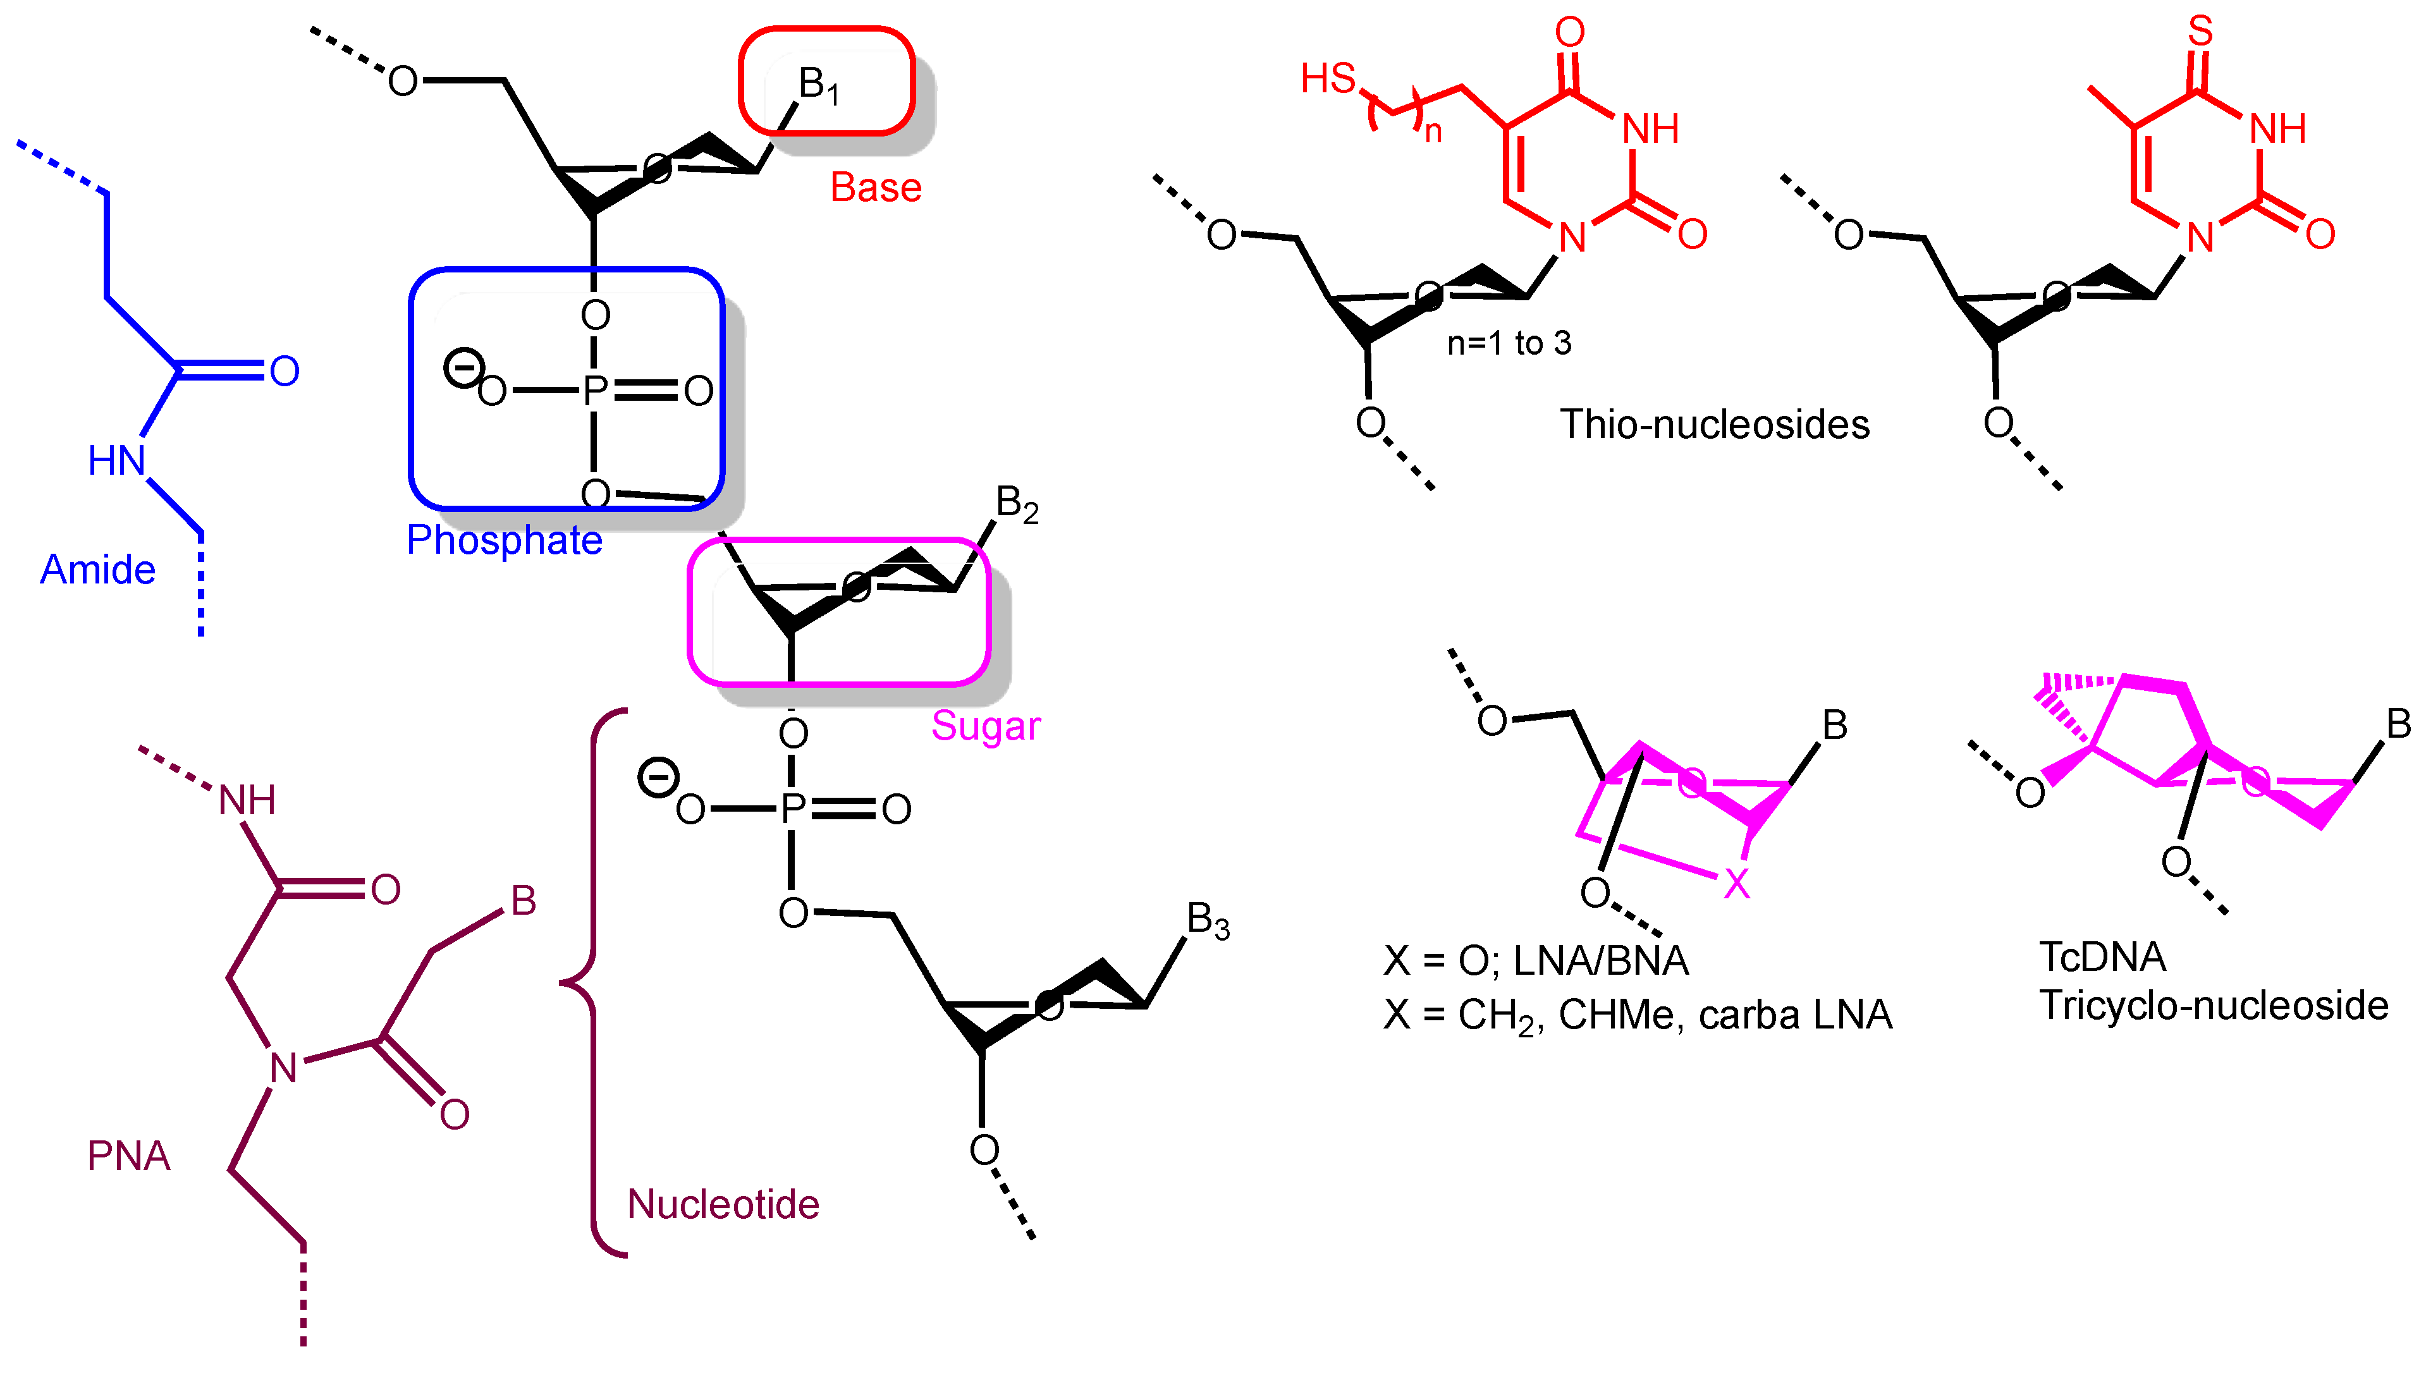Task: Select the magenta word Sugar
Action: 985,725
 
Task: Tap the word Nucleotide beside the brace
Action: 723,1204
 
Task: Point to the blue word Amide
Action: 97,570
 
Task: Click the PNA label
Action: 128,1155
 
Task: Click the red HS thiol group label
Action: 1328,78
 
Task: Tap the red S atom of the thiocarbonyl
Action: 2200,31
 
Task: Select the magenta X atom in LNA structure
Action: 1736,884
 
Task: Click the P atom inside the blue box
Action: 595,391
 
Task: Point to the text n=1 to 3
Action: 1509,343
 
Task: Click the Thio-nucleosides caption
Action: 1714,424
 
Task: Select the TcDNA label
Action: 2102,957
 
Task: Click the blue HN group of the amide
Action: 117,461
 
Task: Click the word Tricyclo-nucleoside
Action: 2213,1006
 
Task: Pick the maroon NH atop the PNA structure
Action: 247,801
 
